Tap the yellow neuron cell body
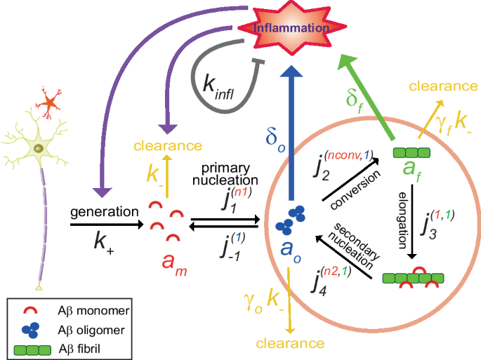[40, 148]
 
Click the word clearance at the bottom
[290, 343]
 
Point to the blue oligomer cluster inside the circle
[288, 218]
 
